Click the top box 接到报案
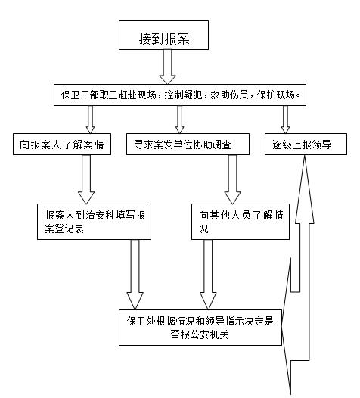tap(163, 35)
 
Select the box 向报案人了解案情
tap(62, 145)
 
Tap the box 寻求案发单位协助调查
tap(188, 145)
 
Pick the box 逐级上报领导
tap(306, 145)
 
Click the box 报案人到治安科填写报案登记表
tap(94, 222)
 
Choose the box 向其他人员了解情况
tap(241, 222)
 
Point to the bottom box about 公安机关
tap(200, 328)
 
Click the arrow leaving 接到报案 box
tap(167, 67)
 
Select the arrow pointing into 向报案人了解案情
tap(90, 120)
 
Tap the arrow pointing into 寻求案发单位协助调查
tap(179, 120)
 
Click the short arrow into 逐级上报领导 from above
tap(285, 120)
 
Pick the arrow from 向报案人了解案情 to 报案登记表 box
tap(86, 179)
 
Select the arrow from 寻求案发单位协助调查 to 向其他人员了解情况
tap(232, 179)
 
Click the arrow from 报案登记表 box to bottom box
tap(135, 275)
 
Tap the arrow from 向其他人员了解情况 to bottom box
tap(208, 275)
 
